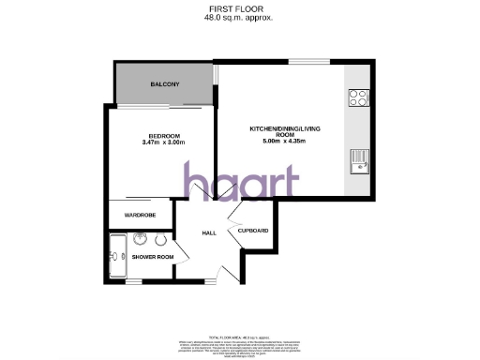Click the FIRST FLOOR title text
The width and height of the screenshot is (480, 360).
(x=240, y=8)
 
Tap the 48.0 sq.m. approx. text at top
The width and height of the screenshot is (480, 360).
(x=240, y=18)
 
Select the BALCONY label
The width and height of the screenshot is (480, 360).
(x=164, y=86)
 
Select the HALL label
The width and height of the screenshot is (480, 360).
(x=210, y=234)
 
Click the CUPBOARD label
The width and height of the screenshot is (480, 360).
(x=253, y=231)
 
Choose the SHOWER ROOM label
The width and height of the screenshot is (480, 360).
(x=152, y=256)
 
